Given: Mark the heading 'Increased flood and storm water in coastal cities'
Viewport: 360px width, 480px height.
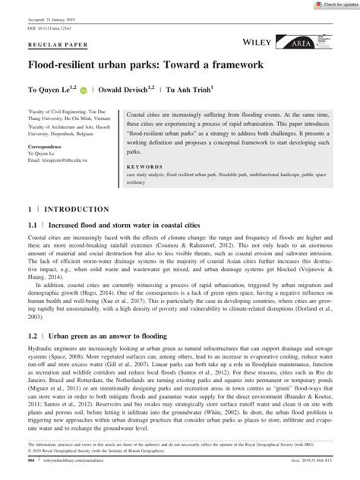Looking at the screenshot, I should (128, 226).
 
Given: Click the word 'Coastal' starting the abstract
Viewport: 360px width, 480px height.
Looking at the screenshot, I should (137, 112).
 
